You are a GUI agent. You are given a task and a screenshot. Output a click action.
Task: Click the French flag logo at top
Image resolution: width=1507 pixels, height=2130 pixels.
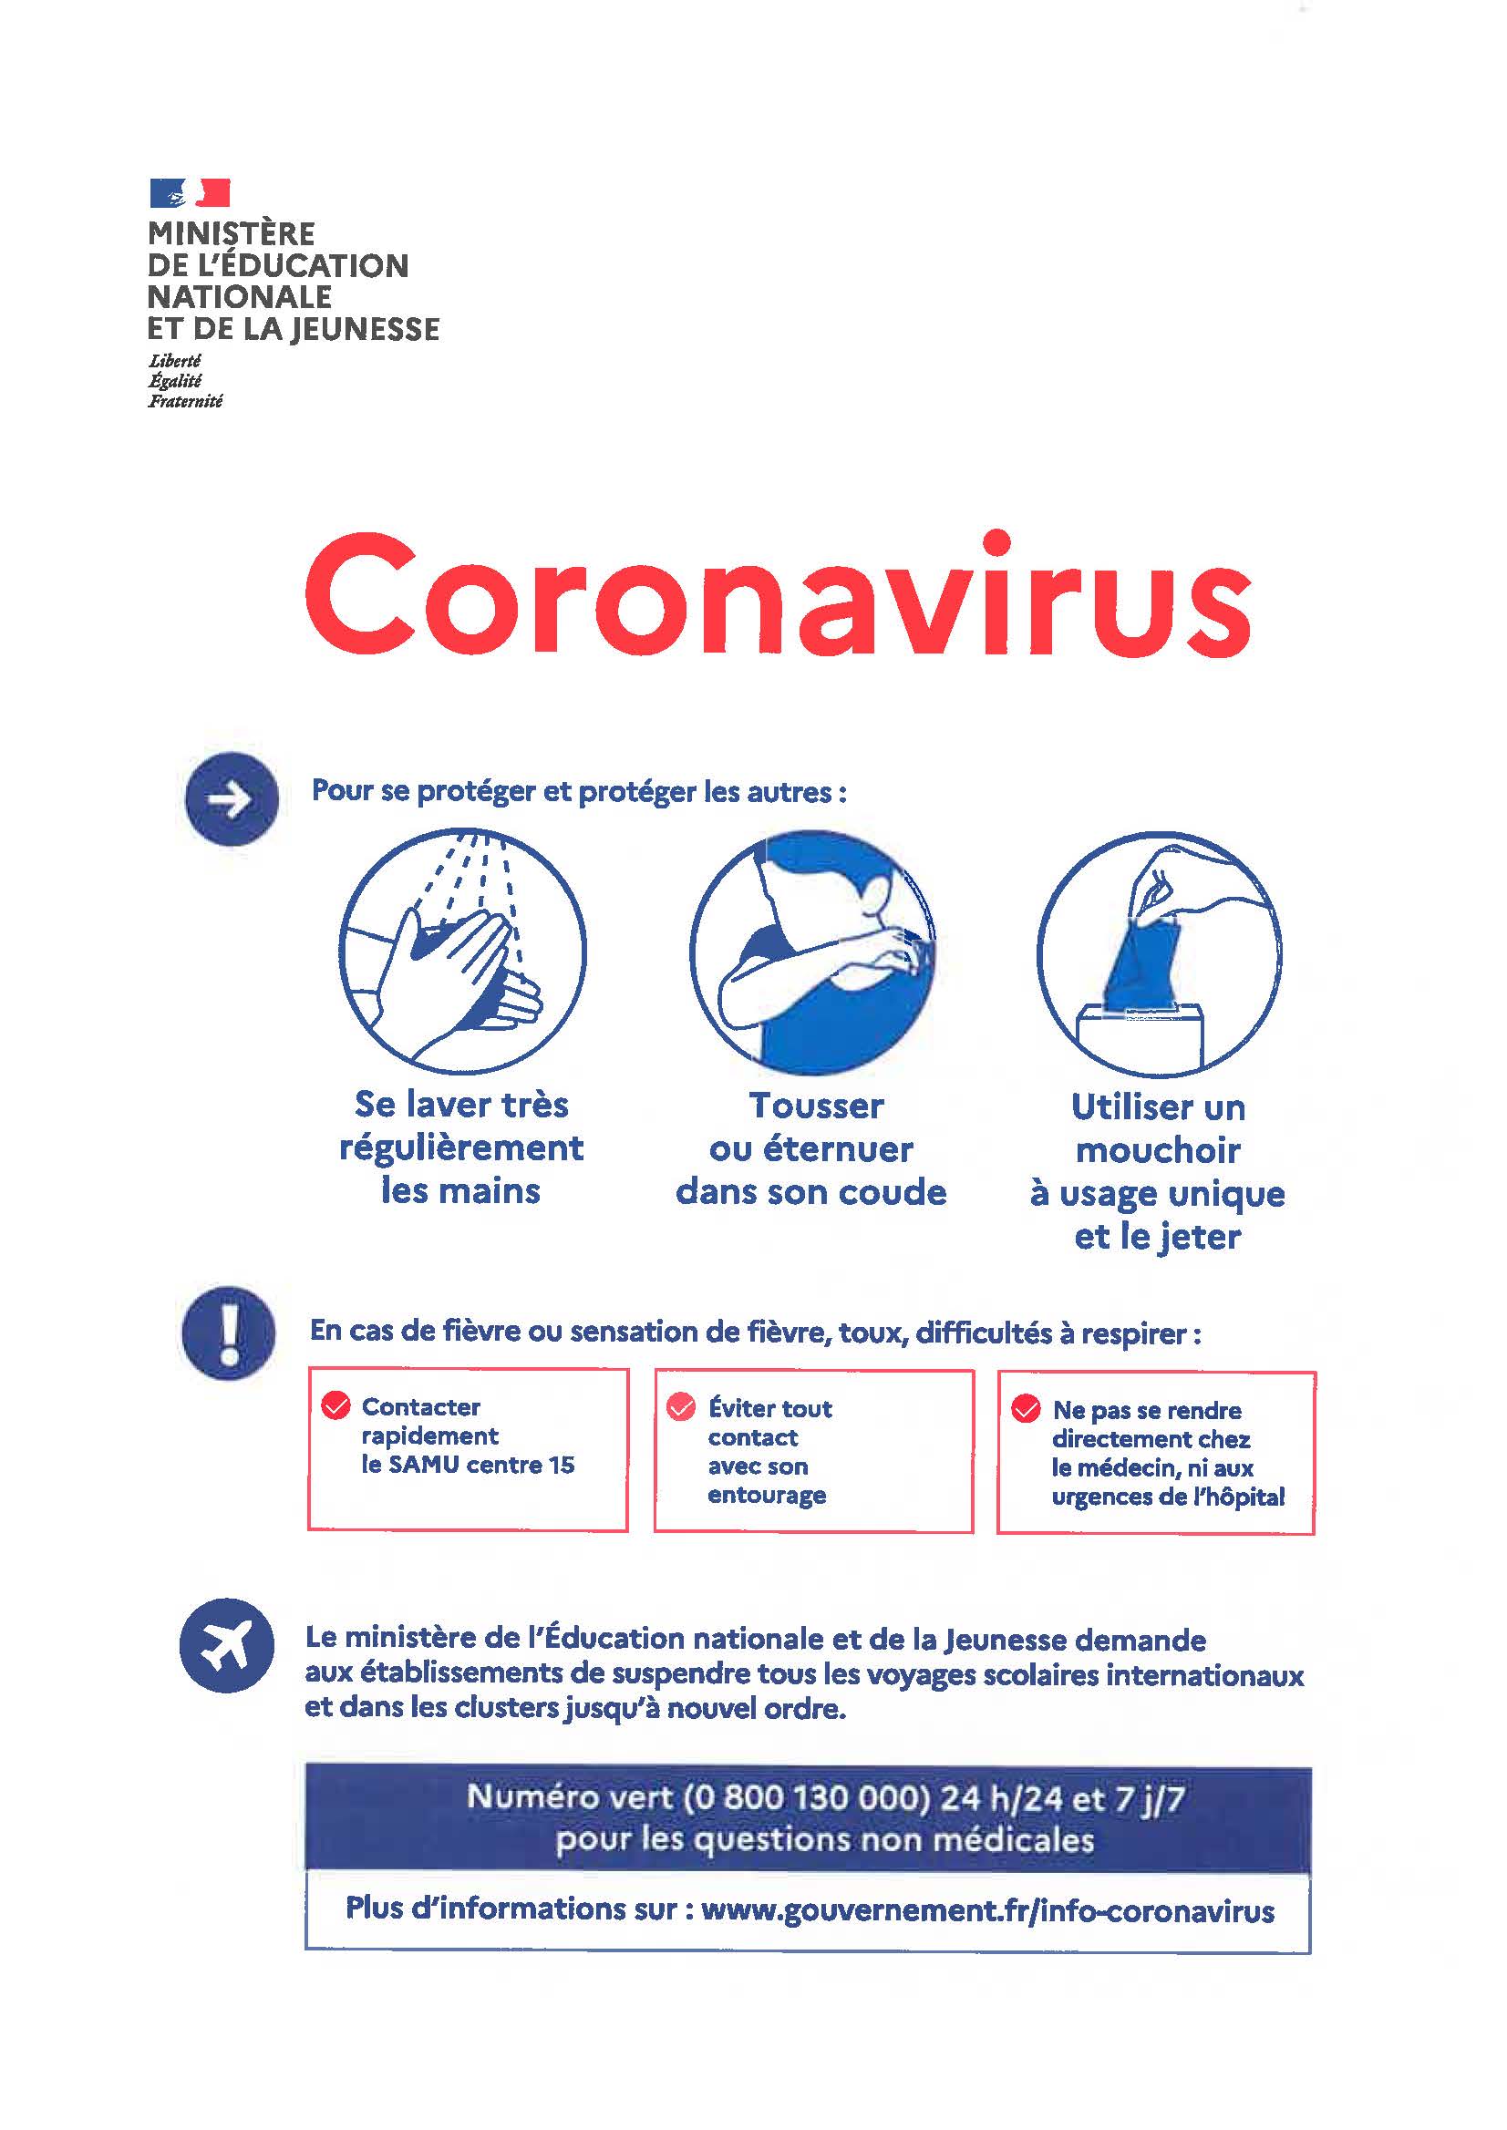[190, 193]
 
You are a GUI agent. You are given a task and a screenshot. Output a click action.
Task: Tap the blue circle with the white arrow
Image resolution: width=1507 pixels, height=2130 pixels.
[232, 798]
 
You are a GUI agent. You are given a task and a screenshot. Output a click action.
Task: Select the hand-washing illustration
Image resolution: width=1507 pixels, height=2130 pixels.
[462, 951]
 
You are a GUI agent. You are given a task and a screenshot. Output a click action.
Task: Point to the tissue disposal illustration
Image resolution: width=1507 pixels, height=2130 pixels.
[1159, 953]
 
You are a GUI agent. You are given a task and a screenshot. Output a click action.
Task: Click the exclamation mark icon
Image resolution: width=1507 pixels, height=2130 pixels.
[228, 1333]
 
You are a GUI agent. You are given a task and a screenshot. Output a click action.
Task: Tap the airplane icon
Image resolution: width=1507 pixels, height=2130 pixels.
[227, 1646]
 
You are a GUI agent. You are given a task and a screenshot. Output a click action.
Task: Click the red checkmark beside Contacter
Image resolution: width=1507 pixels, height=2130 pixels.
[335, 1405]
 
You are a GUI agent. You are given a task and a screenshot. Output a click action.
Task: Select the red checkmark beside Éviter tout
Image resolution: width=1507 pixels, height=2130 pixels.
[681, 1406]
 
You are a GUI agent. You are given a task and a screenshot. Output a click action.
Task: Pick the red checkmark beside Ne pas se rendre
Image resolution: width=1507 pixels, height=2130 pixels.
[1026, 1408]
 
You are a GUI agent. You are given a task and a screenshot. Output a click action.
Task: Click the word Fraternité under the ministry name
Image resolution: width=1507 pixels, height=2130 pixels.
[185, 401]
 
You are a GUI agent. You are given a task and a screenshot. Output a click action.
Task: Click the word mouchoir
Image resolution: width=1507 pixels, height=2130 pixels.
[1158, 1150]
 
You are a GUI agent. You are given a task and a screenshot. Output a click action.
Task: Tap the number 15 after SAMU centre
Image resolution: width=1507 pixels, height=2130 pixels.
[562, 1465]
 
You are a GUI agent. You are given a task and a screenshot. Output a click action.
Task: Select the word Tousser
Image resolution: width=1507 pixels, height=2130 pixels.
[817, 1105]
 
